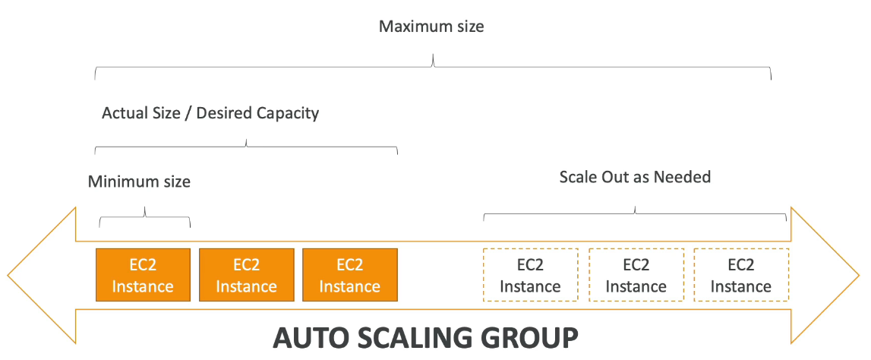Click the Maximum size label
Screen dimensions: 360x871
(x=431, y=27)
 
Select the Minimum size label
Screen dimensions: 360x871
(x=139, y=182)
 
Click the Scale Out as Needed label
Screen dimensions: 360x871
(x=635, y=178)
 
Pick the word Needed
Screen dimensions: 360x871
(x=682, y=178)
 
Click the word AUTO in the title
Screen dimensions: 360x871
(x=312, y=339)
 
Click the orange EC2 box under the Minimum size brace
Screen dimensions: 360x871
(x=142, y=275)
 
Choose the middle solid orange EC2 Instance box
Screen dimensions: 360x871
(x=246, y=275)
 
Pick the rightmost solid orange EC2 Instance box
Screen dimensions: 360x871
(x=349, y=275)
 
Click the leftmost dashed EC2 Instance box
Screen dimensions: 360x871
(x=530, y=275)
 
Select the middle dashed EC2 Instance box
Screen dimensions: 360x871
(x=636, y=275)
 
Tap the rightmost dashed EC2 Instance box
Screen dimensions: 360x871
(x=740, y=275)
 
